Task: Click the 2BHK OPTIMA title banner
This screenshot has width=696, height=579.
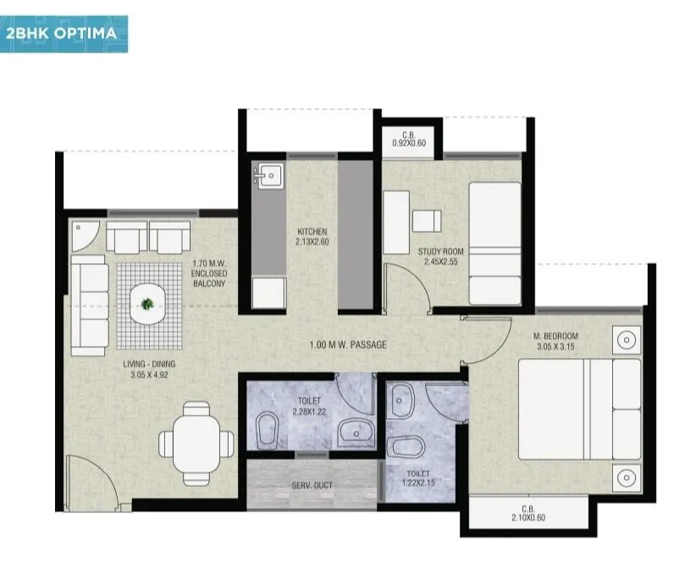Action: [x=64, y=35]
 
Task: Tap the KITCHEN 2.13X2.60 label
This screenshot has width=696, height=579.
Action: [x=312, y=237]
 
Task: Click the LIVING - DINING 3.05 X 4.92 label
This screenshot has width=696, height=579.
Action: [x=153, y=369]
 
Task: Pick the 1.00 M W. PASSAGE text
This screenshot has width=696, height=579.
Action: [x=348, y=345]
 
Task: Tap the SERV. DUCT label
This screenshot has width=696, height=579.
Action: [x=312, y=485]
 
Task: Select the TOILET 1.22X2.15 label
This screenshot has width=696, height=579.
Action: [x=418, y=478]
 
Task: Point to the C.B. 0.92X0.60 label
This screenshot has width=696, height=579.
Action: [x=409, y=139]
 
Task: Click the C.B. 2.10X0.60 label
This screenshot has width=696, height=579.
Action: [x=528, y=516]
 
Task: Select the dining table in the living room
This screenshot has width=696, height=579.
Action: [x=198, y=441]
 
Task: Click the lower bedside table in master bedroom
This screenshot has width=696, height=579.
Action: [x=626, y=474]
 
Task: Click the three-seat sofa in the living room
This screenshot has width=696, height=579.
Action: [x=88, y=306]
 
